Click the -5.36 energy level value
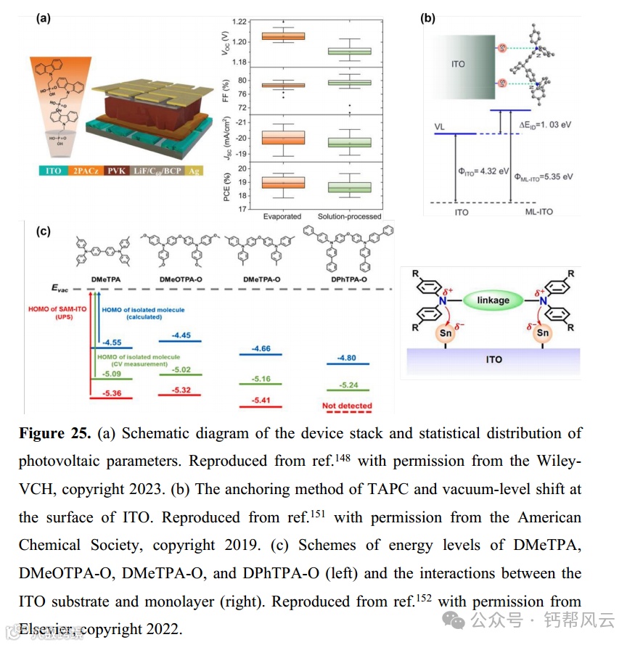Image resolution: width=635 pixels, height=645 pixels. (111, 394)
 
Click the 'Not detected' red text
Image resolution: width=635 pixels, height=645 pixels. (347, 406)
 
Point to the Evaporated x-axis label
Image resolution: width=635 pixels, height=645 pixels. (282, 216)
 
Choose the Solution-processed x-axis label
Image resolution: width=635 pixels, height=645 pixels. (349, 216)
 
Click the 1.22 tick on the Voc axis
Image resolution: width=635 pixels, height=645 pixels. (238, 21)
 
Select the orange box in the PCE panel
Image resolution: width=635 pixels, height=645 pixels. (283, 183)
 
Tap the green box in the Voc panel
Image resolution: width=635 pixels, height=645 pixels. (349, 51)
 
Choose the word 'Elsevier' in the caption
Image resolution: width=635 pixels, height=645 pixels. (46, 628)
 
